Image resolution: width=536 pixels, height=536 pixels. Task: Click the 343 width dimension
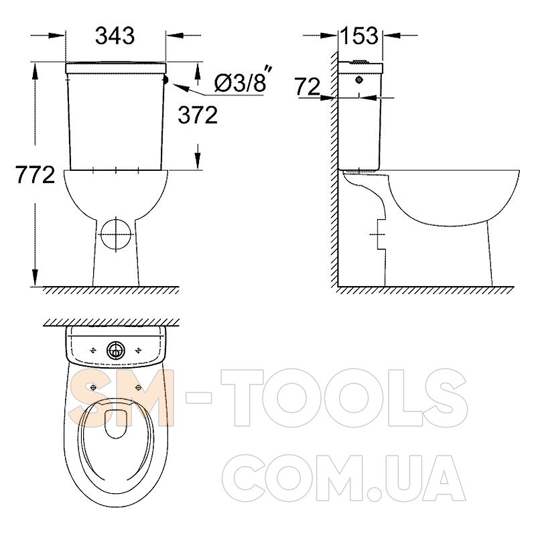[x=115, y=36]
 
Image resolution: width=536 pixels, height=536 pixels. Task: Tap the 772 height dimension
[x=36, y=175]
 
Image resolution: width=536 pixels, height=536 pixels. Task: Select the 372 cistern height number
[x=198, y=115]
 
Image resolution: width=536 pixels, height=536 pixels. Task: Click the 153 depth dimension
[x=360, y=36]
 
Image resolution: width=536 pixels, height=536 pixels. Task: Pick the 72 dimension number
[x=308, y=86]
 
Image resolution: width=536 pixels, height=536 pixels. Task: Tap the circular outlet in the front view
[x=116, y=234]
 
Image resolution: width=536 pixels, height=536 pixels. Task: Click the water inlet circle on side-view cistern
[x=359, y=80]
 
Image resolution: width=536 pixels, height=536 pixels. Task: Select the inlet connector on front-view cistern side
[x=167, y=80]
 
